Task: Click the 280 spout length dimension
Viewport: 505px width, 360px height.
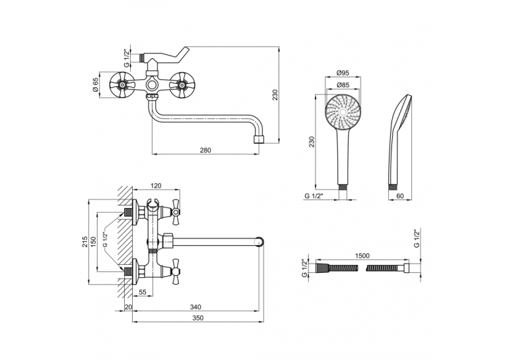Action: click(x=205, y=150)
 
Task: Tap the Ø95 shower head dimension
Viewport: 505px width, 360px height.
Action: click(x=343, y=73)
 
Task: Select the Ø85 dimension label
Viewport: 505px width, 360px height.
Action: click(x=343, y=85)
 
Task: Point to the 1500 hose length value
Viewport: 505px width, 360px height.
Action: click(x=362, y=256)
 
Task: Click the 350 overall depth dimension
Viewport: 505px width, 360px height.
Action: click(x=198, y=318)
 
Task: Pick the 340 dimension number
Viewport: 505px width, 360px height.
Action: click(x=195, y=306)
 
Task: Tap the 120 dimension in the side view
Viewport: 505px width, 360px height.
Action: click(x=156, y=186)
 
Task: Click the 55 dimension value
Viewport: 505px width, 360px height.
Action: click(x=143, y=292)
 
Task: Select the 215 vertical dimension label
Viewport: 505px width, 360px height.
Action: click(x=84, y=242)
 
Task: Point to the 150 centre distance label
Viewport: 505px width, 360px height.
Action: click(x=93, y=242)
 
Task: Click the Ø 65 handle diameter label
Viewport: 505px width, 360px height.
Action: click(x=96, y=85)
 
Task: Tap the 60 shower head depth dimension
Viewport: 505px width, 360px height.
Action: click(x=399, y=196)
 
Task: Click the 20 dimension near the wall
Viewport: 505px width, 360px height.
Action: click(x=128, y=306)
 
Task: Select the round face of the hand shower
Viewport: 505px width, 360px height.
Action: click(x=343, y=112)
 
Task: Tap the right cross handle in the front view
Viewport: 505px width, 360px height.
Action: click(x=182, y=85)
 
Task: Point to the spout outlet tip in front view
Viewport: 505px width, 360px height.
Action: click(x=259, y=140)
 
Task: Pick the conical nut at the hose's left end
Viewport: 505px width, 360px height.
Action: click(x=321, y=268)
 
